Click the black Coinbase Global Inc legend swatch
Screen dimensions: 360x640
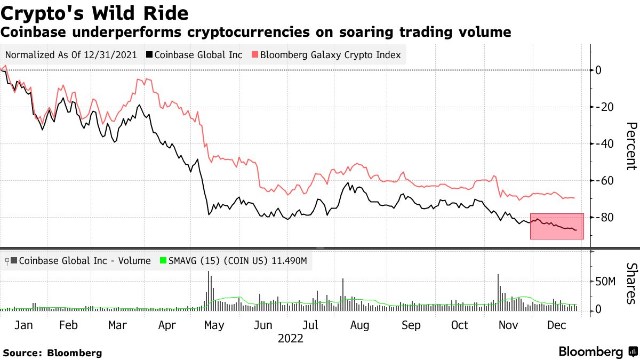tap(151, 55)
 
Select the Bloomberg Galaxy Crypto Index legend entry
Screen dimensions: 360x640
tap(326, 55)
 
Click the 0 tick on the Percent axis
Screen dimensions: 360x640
tap(598, 70)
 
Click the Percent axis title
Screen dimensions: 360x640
tap(631, 146)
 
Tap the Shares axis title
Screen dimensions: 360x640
tap(631, 283)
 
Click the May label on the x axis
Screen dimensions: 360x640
tap(214, 325)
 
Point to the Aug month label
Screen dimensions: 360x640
tap(359, 325)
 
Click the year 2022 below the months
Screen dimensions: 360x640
tap(290, 339)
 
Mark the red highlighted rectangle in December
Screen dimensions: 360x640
tap(557, 226)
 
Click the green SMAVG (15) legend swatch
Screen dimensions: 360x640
tap(164, 261)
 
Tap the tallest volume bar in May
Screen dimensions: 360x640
tap(209, 291)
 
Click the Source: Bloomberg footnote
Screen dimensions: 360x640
tap(52, 353)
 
